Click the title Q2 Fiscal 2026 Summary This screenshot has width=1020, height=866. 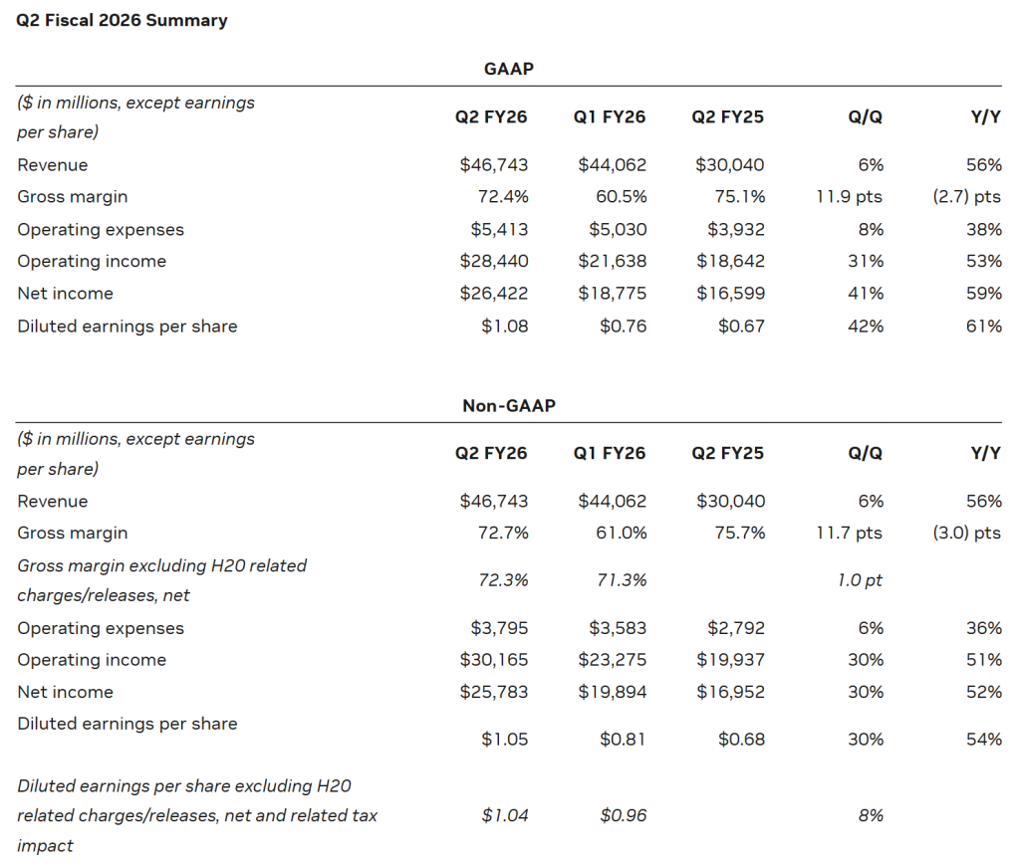(122, 20)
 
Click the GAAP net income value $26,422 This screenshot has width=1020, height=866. (493, 294)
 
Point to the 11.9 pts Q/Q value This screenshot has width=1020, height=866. (849, 197)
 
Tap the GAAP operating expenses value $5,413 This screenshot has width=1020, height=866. (499, 229)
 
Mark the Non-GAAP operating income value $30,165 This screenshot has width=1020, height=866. (493, 660)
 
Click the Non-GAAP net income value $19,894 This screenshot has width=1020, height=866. (612, 692)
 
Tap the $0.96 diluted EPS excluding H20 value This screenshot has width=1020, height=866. (623, 815)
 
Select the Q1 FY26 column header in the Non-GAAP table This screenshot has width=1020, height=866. (609, 453)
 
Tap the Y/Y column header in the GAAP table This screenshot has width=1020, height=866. (985, 116)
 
